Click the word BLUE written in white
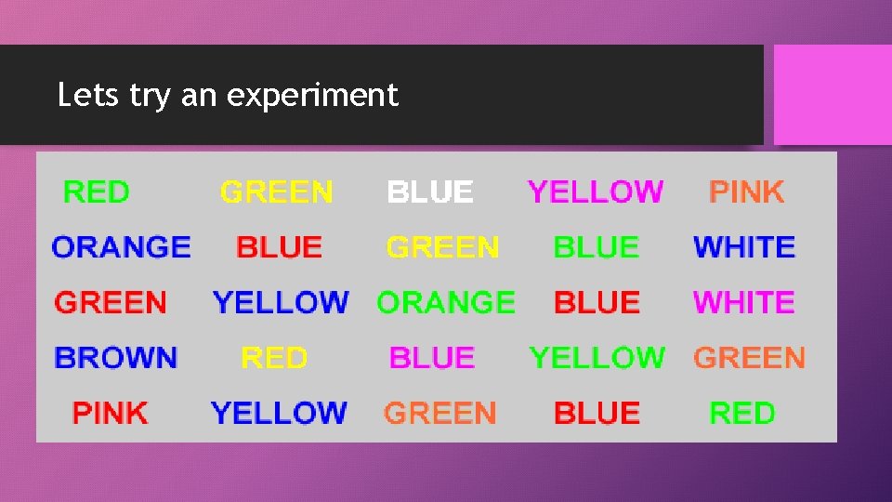click(430, 192)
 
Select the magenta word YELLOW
click(596, 192)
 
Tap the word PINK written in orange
click(747, 192)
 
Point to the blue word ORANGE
click(122, 247)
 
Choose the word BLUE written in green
click(597, 247)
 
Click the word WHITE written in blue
click(744, 247)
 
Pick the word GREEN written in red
click(111, 302)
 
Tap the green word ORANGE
click(446, 302)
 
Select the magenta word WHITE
click(744, 302)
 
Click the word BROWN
click(116, 357)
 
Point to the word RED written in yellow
click(274, 357)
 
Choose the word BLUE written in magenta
click(432, 357)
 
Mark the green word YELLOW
click(597, 357)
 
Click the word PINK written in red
click(111, 412)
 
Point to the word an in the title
click(199, 96)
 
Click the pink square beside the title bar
click(833, 95)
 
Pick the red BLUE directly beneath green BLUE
click(597, 302)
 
